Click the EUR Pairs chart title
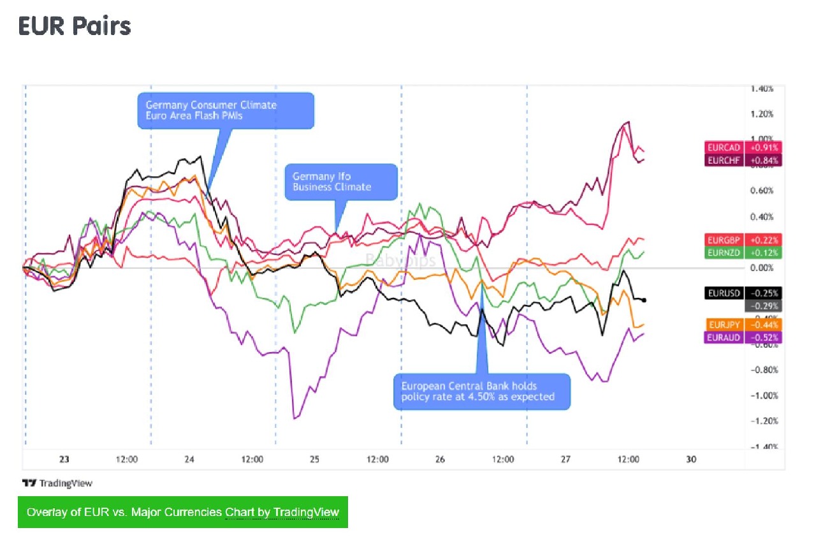tap(75, 26)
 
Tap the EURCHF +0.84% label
tap(742, 160)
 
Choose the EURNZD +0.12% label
tap(742, 253)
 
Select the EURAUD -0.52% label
tap(742, 337)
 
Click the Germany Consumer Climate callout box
tap(226, 110)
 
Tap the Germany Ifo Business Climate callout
tap(340, 182)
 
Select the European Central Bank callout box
tap(481, 391)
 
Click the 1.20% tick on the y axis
tap(761, 114)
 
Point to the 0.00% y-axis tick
tap(761, 268)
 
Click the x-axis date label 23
tap(64, 459)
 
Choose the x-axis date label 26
tap(440, 459)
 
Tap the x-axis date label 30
tap(691, 459)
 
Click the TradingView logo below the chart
tap(57, 483)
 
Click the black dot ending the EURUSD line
tap(646, 300)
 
